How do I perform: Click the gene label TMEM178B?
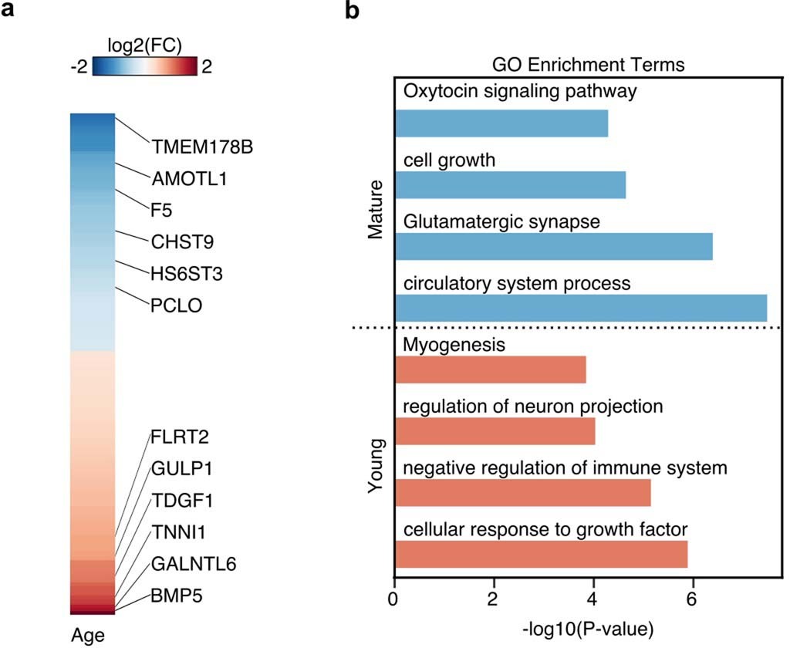pos(201,147)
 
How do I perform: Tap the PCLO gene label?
pos(177,305)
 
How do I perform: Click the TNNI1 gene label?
pos(178,532)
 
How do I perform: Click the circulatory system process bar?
pos(580,306)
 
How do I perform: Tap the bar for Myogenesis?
pos(490,370)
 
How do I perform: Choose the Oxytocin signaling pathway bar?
pos(501,123)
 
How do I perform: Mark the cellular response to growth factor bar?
pos(541,555)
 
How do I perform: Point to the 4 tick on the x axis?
pos(593,599)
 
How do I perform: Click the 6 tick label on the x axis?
pos(692,599)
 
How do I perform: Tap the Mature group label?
pos(376,210)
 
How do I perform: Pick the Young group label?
pos(376,467)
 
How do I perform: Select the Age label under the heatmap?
pos(87,635)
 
